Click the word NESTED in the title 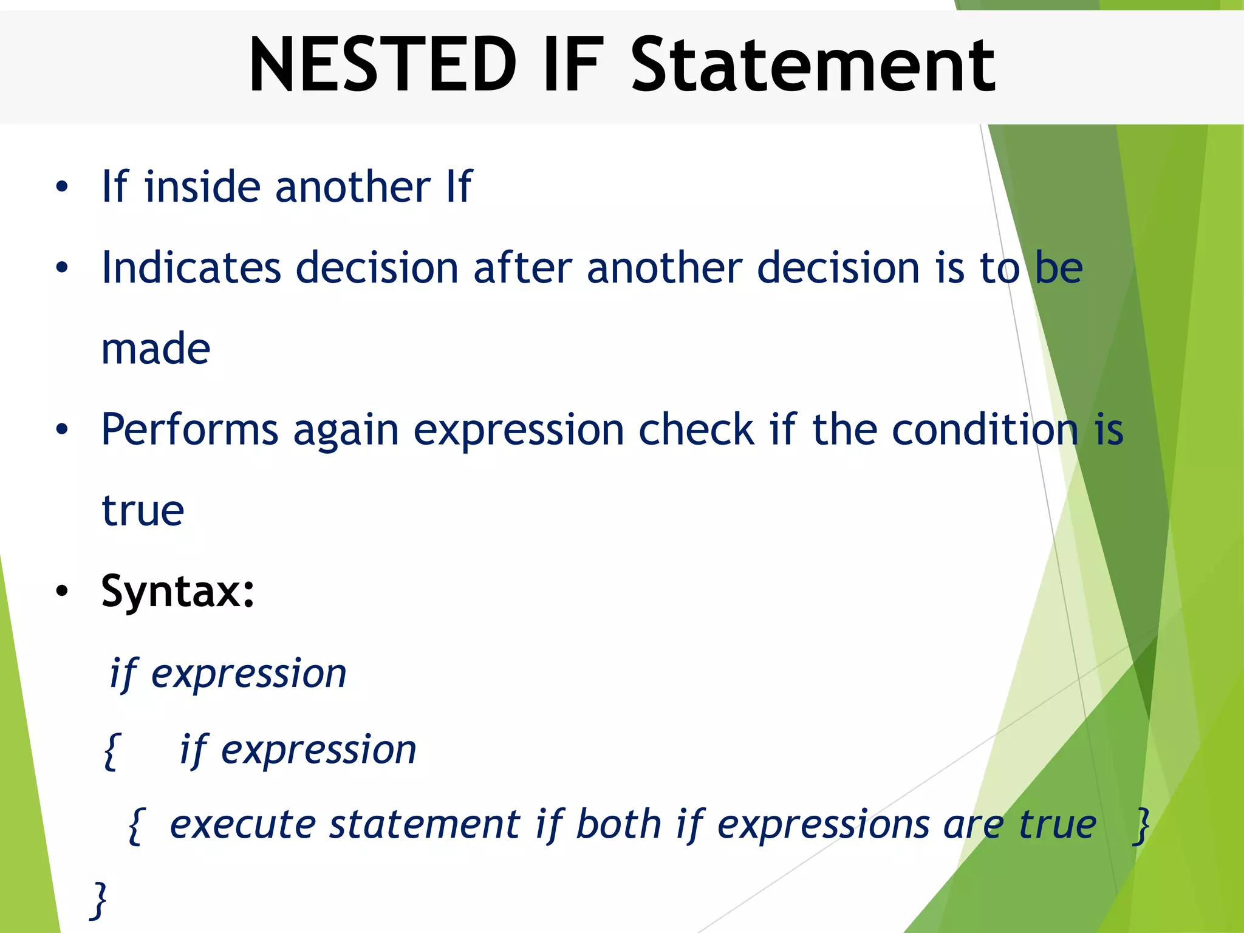[383, 65]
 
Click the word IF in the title [573, 65]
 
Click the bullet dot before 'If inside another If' [61, 187]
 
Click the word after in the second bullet [522, 267]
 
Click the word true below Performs [143, 511]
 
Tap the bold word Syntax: [177, 591]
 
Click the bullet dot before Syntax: [61, 591]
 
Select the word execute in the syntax [242, 825]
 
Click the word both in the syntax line [618, 825]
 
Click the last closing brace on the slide [98, 900]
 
